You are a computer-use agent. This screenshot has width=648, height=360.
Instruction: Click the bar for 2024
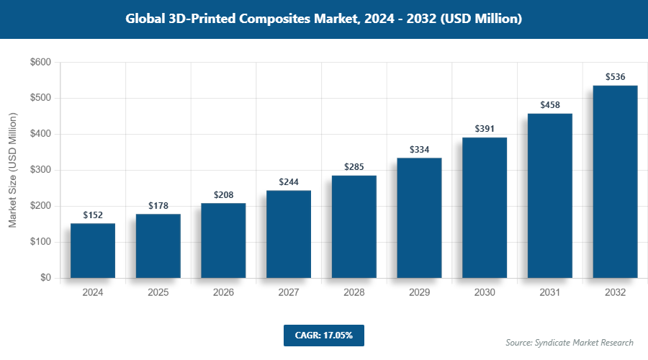coord(93,251)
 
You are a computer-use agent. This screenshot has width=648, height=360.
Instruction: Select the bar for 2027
coord(289,234)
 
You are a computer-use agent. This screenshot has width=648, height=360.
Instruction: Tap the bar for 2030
coord(485,207)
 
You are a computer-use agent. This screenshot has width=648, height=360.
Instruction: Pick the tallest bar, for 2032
coord(615,181)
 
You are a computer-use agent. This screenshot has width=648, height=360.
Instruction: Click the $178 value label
coord(158,206)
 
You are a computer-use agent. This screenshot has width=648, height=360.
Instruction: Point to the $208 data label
coord(223,195)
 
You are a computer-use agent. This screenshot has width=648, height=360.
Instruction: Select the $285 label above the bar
coord(354,167)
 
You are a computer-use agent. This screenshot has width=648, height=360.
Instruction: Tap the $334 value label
coord(419,150)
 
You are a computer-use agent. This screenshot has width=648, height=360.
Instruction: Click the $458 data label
coord(550,105)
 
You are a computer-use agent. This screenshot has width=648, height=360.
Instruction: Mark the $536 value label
coord(615,77)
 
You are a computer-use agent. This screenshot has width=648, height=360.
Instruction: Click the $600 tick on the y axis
coord(40,63)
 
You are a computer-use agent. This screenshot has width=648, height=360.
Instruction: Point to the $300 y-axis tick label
coord(40,171)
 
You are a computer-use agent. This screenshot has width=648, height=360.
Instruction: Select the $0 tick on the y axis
coord(45,278)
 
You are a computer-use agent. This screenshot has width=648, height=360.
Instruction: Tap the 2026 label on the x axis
coord(223,293)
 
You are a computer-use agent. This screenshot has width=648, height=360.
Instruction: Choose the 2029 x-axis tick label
coord(419,293)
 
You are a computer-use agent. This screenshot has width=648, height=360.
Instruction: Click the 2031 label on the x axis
coord(550,293)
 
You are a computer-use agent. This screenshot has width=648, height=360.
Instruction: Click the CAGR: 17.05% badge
coord(323,336)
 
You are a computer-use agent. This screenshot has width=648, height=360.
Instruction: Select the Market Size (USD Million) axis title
coord(12,170)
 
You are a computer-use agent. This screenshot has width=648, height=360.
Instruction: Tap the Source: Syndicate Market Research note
coord(569,342)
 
